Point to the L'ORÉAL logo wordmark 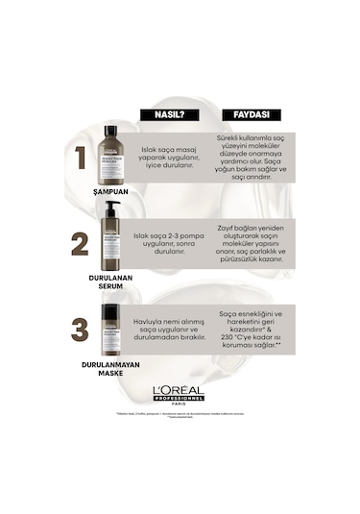pos(180,390)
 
